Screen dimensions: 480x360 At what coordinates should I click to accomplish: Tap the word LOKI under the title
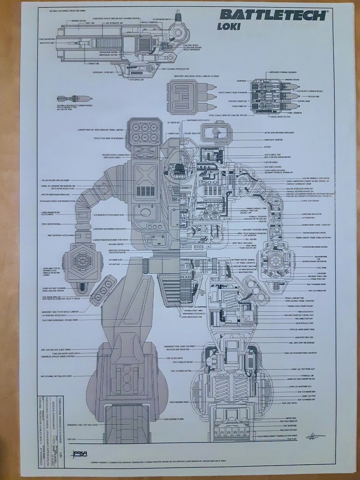coord(229,27)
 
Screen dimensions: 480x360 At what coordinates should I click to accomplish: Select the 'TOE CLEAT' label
coord(71,439)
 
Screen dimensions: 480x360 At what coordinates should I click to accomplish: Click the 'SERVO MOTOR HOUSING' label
coord(51,224)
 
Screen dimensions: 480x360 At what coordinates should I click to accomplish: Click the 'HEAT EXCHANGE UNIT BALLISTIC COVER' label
coord(57,376)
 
